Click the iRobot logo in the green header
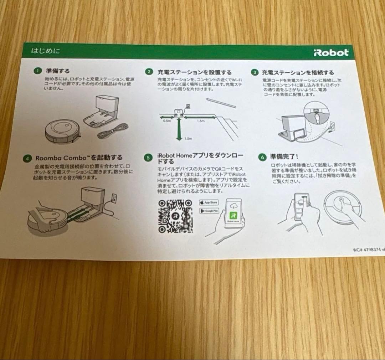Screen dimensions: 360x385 coord(331,53)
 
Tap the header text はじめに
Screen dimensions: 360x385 coord(46,51)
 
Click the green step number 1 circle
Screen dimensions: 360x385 coord(37,71)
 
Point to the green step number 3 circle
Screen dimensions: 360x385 coord(255,72)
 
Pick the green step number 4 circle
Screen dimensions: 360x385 coord(27,158)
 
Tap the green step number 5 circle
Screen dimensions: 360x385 coord(149,157)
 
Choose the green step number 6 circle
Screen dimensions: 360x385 coord(263,157)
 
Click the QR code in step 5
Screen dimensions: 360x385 coord(175,216)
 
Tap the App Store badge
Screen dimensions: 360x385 coord(209,202)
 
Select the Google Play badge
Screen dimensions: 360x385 coord(209,211)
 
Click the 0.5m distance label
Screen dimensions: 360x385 coord(166,122)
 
